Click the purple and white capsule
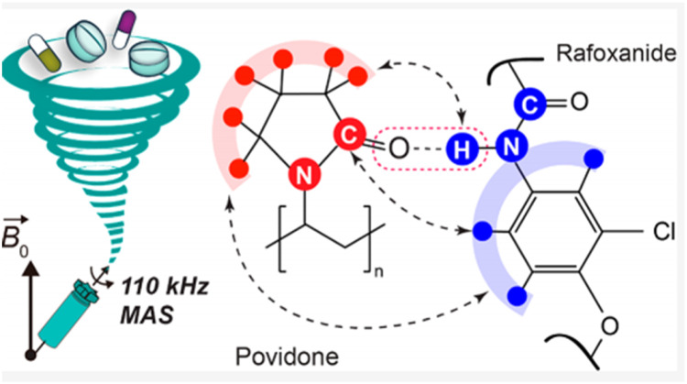122,28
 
